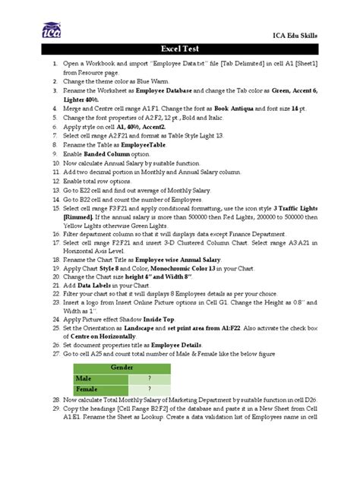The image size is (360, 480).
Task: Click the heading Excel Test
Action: point(179,49)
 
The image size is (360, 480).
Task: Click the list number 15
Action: point(56,208)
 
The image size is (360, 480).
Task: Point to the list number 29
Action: point(56,408)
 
